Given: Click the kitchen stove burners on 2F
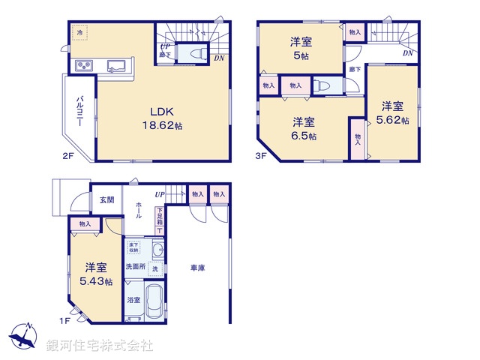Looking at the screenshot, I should tap(82, 66).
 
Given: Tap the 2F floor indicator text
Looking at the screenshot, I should tap(67, 156).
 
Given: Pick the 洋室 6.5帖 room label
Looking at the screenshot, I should tap(304, 128).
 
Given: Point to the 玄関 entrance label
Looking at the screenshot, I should tap(106, 199).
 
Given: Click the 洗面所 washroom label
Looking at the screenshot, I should tap(135, 266).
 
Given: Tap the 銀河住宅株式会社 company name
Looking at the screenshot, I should tap(99, 346).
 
